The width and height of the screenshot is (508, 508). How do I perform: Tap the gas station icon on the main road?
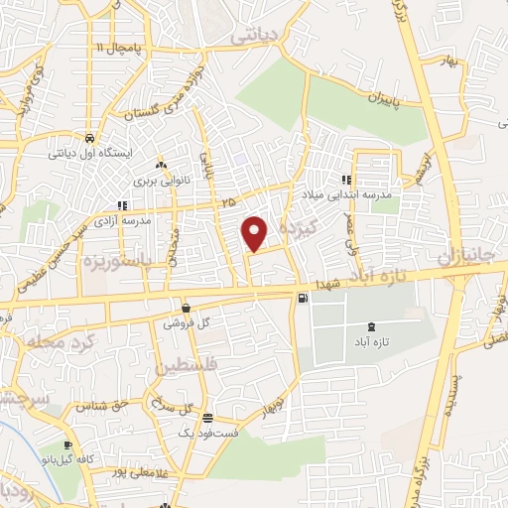click(302, 298)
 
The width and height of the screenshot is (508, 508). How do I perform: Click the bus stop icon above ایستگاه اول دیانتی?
click(89, 139)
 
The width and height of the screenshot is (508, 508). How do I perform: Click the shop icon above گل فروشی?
click(186, 308)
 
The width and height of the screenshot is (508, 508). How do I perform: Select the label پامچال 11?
click(120, 48)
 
